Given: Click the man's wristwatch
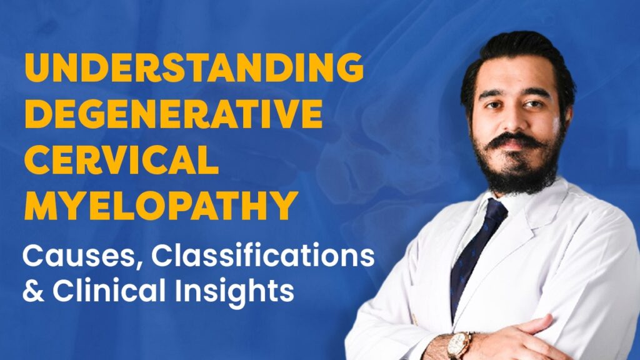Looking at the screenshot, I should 459,342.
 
